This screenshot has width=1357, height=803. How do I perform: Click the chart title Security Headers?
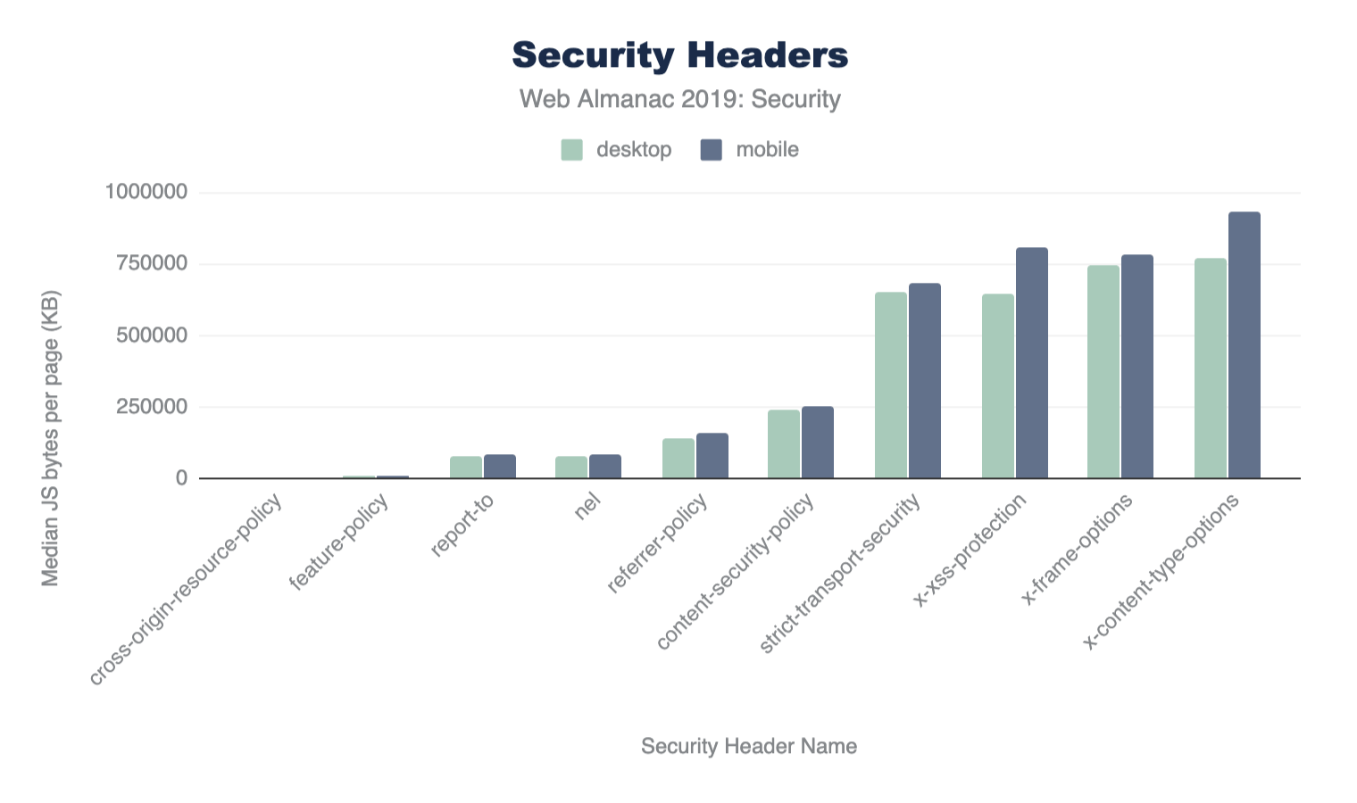pyautogui.click(x=679, y=55)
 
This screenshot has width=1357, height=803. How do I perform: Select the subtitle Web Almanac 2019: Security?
pyautogui.click(x=679, y=98)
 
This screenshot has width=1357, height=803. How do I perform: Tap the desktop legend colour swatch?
pyautogui.click(x=571, y=150)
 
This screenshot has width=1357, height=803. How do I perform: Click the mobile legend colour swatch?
pyautogui.click(x=711, y=150)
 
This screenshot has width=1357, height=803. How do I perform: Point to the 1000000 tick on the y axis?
pyautogui.click(x=146, y=192)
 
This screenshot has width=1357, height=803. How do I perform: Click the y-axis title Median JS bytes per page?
pyautogui.click(x=51, y=438)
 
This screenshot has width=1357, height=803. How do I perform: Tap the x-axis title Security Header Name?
pyautogui.click(x=748, y=746)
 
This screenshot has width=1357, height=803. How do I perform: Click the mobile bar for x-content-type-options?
pyautogui.click(x=1245, y=345)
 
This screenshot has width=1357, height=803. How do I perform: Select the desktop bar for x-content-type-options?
pyautogui.click(x=1210, y=368)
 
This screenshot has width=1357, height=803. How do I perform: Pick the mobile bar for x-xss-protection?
pyautogui.click(x=1032, y=363)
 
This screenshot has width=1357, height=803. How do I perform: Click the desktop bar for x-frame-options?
pyautogui.click(x=1103, y=372)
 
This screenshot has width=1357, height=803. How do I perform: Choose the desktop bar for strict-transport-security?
pyautogui.click(x=890, y=385)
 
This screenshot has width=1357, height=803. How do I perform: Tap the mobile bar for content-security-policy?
pyautogui.click(x=818, y=443)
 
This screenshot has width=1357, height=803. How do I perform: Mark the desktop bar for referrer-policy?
pyautogui.click(x=678, y=459)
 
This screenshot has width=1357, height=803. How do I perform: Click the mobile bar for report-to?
pyautogui.click(x=500, y=467)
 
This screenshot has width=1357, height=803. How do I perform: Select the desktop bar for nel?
pyautogui.click(x=571, y=468)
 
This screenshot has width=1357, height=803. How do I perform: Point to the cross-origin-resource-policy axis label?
pyautogui.click(x=187, y=589)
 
